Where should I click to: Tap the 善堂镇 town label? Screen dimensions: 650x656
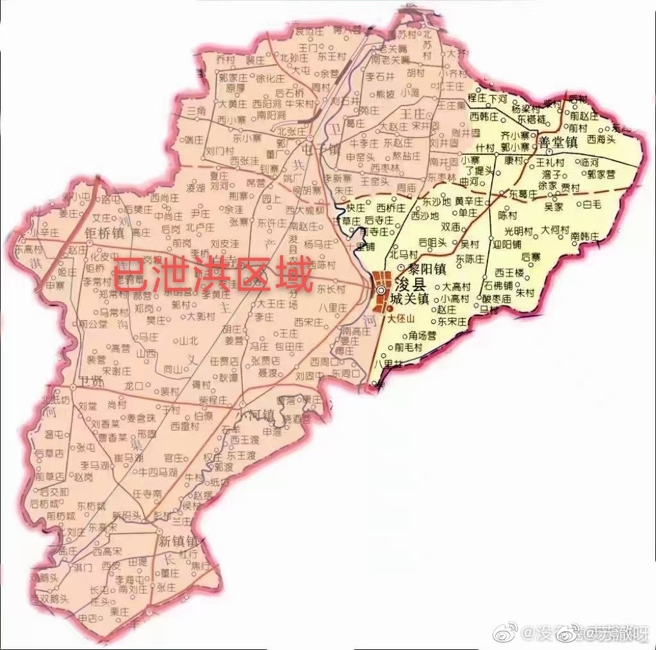559,141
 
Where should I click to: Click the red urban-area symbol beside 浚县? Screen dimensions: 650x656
382,291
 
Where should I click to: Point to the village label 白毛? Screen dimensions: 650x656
591,205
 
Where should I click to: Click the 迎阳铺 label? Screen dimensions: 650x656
506,244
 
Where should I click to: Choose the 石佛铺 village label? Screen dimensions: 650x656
498,285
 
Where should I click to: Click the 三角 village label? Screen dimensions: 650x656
197,112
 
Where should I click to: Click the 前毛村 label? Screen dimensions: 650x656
408,347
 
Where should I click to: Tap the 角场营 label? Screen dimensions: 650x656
422,335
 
